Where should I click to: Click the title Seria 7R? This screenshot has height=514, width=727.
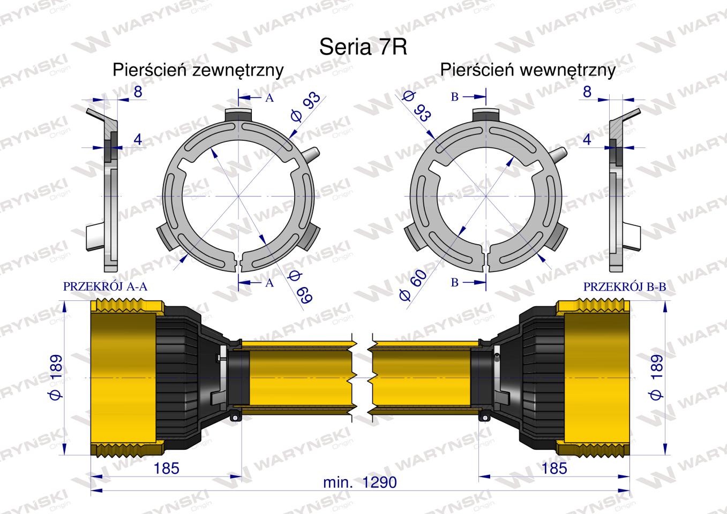[x=363, y=47]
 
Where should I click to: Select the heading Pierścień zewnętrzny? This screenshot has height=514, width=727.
[x=198, y=70]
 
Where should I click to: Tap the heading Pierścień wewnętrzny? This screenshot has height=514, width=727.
[x=528, y=70]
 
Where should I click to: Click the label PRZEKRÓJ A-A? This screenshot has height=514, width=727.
[x=105, y=286]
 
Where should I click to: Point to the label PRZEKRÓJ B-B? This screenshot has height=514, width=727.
[x=625, y=286]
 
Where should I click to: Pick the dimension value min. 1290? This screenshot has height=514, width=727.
[x=360, y=482]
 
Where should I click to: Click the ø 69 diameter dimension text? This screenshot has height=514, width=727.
[x=299, y=288]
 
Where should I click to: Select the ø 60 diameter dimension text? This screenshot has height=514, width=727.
[x=413, y=285]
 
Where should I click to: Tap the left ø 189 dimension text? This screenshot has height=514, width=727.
[x=56, y=377]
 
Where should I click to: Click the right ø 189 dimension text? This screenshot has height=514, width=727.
[x=655, y=377]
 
